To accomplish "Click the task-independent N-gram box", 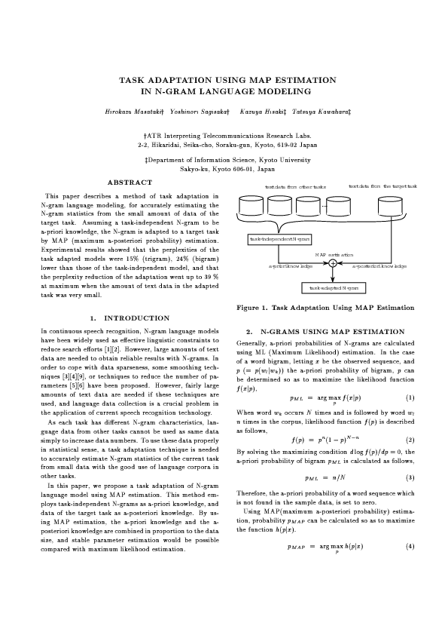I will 280,239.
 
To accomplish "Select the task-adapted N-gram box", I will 332,287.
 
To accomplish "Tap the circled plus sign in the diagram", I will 332,263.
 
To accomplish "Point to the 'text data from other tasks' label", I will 295,186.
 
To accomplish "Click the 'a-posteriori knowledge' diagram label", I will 379,266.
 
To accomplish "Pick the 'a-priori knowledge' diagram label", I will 290,266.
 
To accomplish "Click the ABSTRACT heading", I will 130,183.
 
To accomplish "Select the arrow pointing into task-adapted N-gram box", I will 332,278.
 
